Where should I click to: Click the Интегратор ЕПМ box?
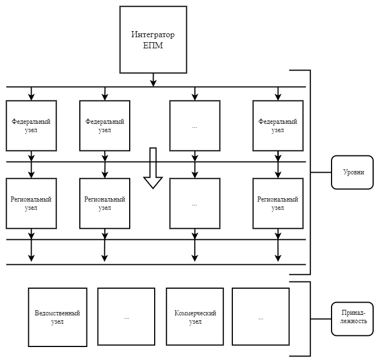[152, 40]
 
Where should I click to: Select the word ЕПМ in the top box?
[152, 46]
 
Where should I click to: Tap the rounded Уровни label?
[352, 172]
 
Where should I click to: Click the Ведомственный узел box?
[57, 317]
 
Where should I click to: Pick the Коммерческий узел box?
[195, 317]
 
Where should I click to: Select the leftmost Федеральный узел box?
[32, 125]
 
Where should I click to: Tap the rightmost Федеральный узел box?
[278, 125]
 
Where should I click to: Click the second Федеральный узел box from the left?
[105, 125]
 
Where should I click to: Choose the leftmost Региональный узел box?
[32, 203]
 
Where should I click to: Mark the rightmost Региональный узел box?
[278, 203]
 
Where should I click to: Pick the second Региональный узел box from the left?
[105, 203]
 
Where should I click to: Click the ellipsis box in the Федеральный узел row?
[195, 125]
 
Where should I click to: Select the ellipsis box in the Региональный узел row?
[195, 203]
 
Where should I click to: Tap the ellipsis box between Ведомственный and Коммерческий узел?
[126, 317]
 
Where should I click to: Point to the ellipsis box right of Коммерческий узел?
[261, 317]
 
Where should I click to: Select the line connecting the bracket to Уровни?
[321, 173]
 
